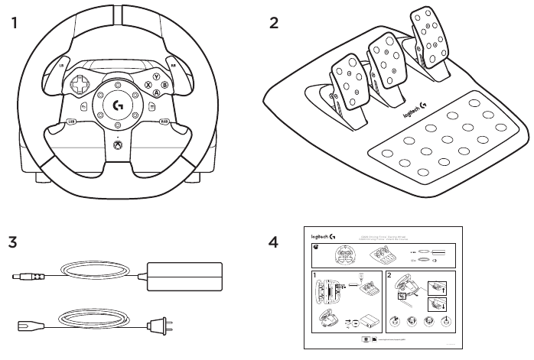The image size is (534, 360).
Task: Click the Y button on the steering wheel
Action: [x=156, y=77]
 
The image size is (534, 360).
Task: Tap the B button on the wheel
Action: [x=164, y=85]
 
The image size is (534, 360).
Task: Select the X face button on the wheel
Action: [x=148, y=86]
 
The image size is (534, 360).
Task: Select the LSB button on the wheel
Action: [x=71, y=121]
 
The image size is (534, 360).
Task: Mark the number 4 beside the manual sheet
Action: [x=273, y=242]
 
